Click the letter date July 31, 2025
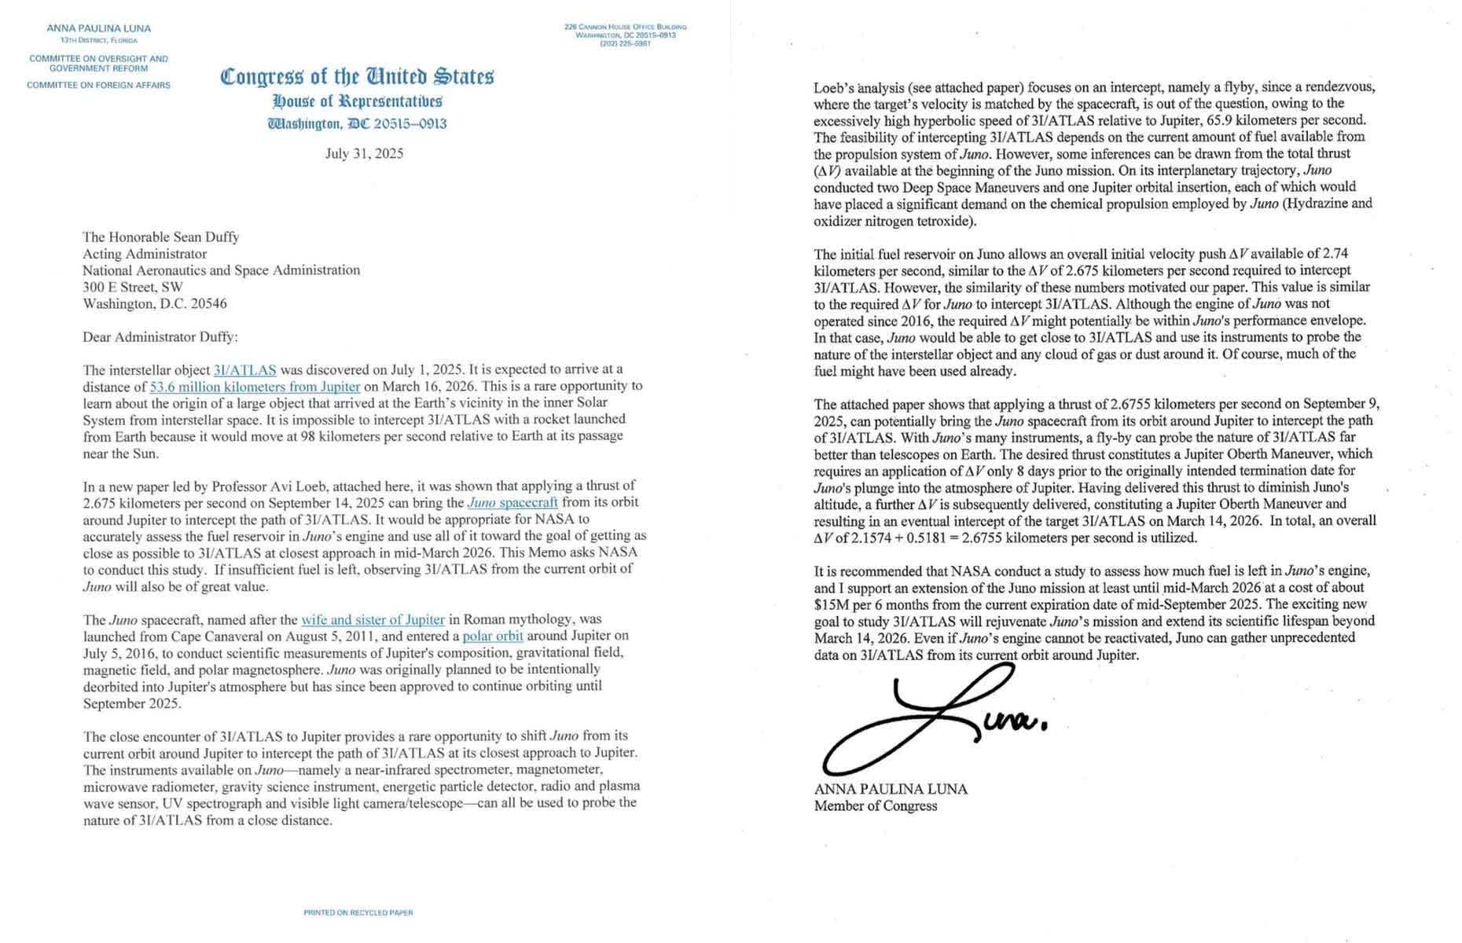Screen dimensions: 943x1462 [364, 153]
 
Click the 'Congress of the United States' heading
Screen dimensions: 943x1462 [358, 77]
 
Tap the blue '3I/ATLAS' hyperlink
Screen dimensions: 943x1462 [244, 369]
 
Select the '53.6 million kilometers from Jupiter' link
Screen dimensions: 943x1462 [255, 387]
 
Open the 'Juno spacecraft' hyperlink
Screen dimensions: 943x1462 [512, 502]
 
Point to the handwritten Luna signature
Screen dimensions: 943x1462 [928, 719]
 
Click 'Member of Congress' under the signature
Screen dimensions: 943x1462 [875, 805]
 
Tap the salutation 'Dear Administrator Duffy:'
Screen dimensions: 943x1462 [160, 337]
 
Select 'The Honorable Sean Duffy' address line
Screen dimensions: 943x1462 [160, 237]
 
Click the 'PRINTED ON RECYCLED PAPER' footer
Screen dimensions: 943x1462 [358, 912]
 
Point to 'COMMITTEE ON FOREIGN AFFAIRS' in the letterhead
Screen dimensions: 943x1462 [98, 85]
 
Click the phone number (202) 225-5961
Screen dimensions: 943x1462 [625, 43]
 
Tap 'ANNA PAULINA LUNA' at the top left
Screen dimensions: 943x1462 [98, 28]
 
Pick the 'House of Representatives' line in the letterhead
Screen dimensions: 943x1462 [358, 101]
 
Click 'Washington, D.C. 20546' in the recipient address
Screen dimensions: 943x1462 [155, 303]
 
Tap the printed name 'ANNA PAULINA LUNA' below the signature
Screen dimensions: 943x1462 [891, 789]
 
